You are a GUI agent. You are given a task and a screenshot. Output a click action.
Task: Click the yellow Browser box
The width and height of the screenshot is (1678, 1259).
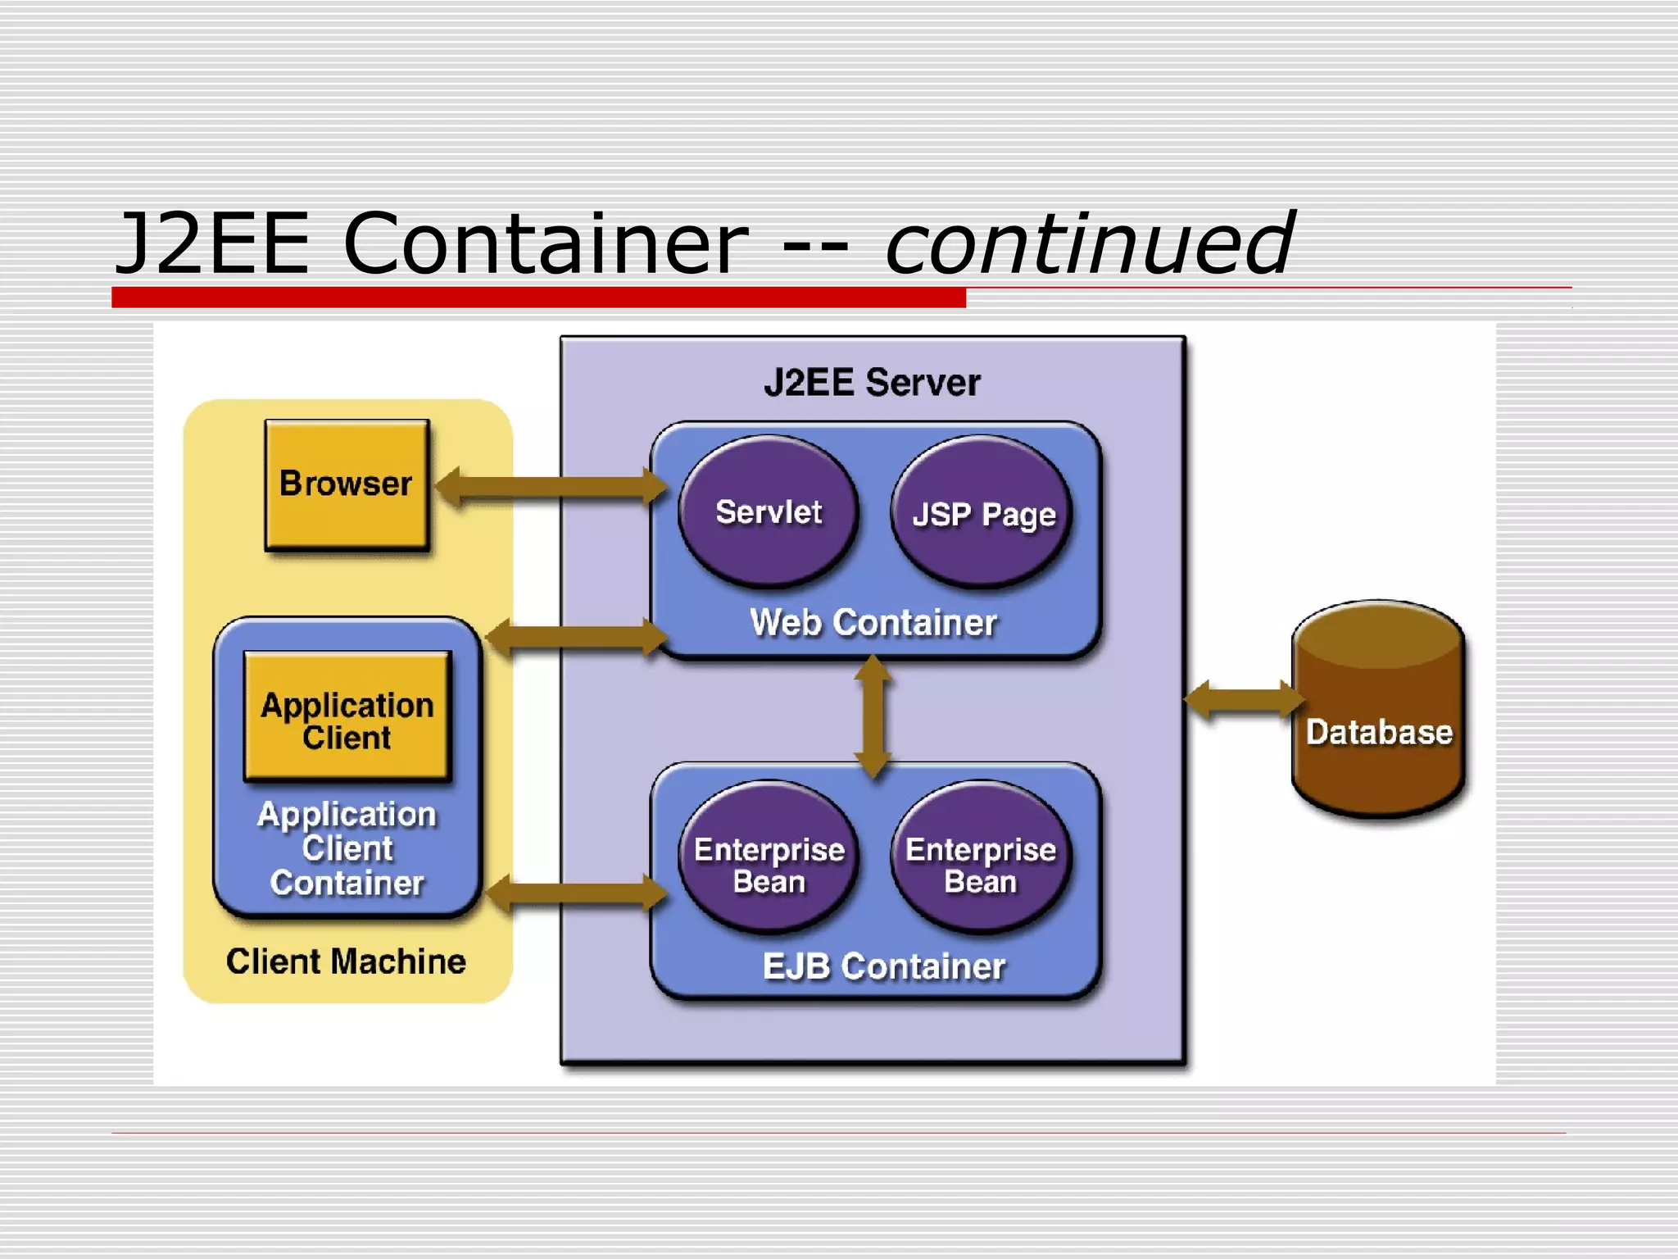coord(347,484)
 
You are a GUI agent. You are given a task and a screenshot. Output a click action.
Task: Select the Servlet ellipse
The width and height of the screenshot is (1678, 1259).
coord(769,511)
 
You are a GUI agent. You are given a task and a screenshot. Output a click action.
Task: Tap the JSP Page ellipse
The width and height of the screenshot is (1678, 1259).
coord(982,513)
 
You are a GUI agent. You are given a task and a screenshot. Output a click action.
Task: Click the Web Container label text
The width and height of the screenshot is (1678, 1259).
coord(873,622)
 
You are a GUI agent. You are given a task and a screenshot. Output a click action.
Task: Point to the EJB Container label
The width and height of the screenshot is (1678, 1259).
coord(883,966)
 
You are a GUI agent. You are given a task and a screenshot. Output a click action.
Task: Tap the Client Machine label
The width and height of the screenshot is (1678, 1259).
coord(346,961)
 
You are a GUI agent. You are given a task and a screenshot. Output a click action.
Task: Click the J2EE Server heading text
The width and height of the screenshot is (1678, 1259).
coord(872,383)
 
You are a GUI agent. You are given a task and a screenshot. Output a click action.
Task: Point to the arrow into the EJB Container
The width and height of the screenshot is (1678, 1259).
coord(577,893)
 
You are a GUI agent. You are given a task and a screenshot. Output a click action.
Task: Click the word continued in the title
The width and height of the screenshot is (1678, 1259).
coord(1089,243)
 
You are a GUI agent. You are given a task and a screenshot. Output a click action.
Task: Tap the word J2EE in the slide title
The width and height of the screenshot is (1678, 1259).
coord(213,243)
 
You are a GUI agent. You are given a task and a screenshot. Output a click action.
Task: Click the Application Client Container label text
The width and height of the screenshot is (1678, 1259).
coord(347,848)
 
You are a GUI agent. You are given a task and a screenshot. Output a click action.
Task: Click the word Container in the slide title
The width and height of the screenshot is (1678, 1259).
coord(546,243)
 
